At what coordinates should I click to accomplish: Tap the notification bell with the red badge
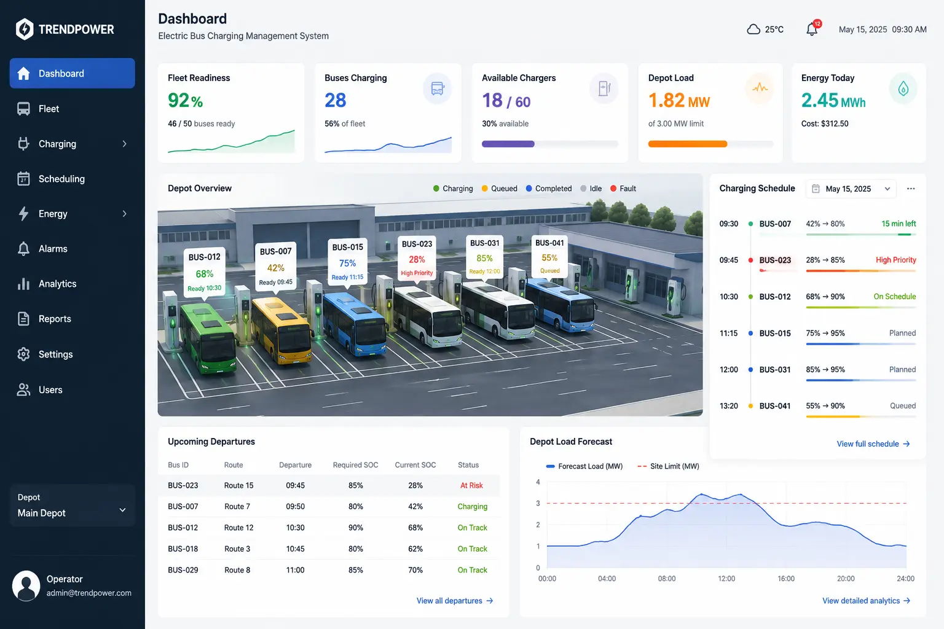click(x=812, y=29)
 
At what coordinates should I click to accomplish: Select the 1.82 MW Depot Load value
click(x=679, y=100)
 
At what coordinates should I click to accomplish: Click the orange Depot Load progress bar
click(x=687, y=144)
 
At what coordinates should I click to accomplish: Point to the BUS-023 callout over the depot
click(x=417, y=257)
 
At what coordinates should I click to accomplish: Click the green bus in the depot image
click(x=208, y=338)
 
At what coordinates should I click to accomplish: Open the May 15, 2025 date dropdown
click(x=851, y=189)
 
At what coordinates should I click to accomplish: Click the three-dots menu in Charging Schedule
click(x=911, y=189)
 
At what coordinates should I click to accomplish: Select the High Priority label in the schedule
click(x=895, y=260)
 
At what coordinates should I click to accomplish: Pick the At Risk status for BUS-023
click(x=471, y=485)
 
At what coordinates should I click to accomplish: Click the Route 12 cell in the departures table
click(x=238, y=528)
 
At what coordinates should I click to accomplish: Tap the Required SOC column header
click(x=355, y=465)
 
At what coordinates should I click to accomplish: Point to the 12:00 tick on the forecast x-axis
click(x=726, y=579)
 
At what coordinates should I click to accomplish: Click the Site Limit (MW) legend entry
click(x=668, y=466)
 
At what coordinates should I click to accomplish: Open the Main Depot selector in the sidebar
click(x=72, y=506)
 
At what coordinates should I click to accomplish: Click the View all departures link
click(x=455, y=601)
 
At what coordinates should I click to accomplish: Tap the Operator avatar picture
click(x=26, y=585)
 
